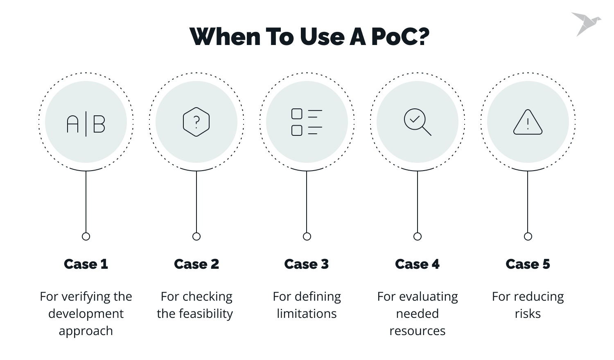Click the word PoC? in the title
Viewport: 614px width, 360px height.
pos(400,37)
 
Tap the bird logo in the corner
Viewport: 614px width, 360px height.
pos(586,23)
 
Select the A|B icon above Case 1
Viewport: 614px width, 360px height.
pos(86,124)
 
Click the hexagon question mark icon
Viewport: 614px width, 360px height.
pos(196,122)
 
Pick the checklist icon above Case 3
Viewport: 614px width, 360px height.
pos(307,122)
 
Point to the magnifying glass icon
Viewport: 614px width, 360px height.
pos(417,122)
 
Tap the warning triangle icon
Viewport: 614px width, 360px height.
pos(528,122)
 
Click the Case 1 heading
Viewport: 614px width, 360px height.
pos(86,264)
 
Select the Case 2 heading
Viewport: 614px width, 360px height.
pos(196,264)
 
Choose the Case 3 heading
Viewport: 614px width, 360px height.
pos(307,264)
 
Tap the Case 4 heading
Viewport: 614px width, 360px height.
pos(417,264)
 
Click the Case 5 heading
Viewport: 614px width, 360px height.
pos(528,264)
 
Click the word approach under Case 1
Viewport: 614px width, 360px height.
pos(86,331)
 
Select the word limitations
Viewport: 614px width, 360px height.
pos(307,314)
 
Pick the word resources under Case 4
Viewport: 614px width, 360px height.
pos(417,331)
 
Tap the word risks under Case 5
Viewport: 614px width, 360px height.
pos(528,314)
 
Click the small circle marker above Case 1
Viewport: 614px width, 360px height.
pos(86,236)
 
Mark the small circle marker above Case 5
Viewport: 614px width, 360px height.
pos(528,236)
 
